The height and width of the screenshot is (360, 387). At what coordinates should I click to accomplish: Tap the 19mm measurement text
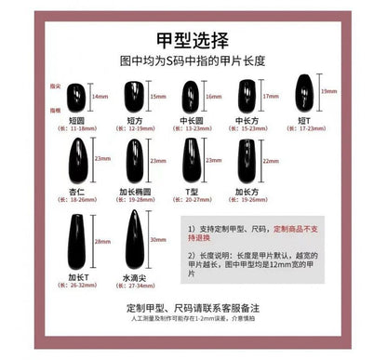[x=328, y=91]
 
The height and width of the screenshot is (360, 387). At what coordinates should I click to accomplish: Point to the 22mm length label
[x=271, y=160]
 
